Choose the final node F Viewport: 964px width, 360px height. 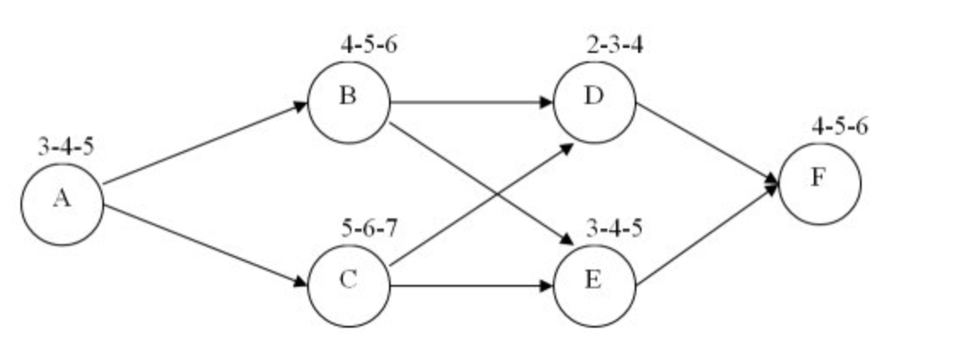pos(819,183)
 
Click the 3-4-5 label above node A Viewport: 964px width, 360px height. pos(66,147)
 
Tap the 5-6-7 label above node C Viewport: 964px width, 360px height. pos(369,229)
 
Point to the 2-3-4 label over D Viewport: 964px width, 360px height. pos(615,44)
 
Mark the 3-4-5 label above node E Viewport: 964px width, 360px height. pos(615,229)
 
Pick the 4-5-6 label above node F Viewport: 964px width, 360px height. pos(840,127)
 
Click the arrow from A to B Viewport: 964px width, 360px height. pos(205,143)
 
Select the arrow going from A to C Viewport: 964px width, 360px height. pos(205,243)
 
